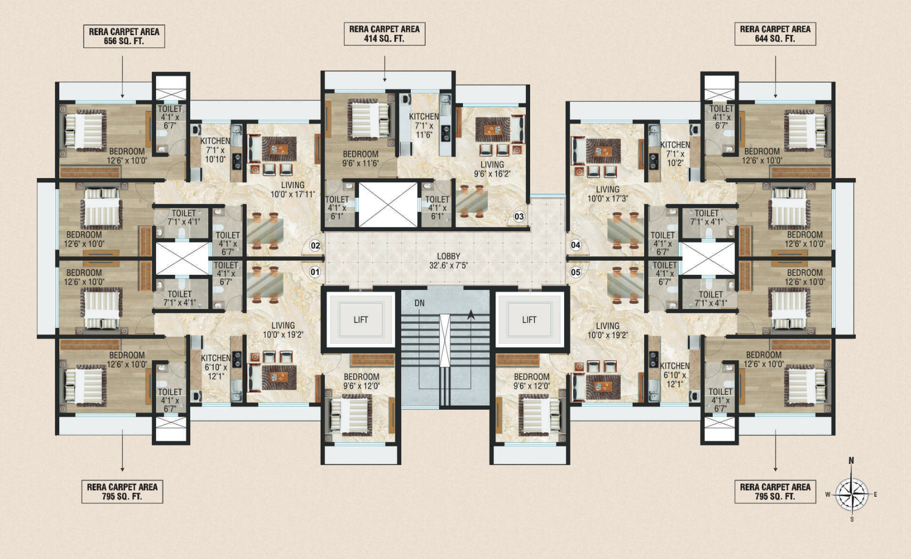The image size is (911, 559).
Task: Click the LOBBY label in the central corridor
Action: pos(448,256)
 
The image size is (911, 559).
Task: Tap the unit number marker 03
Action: pos(519,216)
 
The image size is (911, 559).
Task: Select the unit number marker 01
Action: pos(315,272)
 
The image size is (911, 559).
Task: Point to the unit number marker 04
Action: pos(575,245)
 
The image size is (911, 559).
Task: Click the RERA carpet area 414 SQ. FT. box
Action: pos(384,34)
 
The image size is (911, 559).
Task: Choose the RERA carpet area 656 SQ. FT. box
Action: pos(124,36)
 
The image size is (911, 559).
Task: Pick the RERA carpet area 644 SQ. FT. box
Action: pos(775,34)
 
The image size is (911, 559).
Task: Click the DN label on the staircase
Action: pos(419,303)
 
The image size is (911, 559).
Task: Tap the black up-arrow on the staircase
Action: pos(471,314)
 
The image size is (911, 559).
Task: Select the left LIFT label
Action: pos(361,320)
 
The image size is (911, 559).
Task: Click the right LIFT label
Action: pos(529,320)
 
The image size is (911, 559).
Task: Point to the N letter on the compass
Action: pos(851,460)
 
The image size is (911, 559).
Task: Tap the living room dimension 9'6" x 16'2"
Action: pos(492,174)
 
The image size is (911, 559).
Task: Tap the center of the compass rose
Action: pos(852,495)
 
